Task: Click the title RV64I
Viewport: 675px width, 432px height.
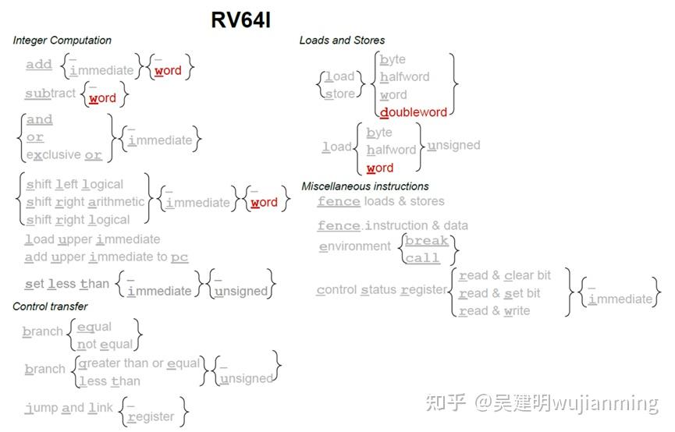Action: pyautogui.click(x=240, y=19)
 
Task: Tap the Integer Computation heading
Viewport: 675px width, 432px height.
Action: pyautogui.click(x=62, y=41)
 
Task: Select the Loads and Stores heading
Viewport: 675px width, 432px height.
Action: pyautogui.click(x=342, y=41)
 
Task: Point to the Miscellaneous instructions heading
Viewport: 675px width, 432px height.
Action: pyautogui.click(x=365, y=186)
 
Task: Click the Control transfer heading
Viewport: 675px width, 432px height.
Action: pyautogui.click(x=50, y=306)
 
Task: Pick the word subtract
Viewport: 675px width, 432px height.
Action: pyautogui.click(x=50, y=94)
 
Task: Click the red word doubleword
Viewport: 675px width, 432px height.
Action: pyautogui.click(x=414, y=112)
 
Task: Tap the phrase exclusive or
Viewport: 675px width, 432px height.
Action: pyautogui.click(x=64, y=155)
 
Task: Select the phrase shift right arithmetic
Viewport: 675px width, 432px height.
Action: pyautogui.click(x=85, y=202)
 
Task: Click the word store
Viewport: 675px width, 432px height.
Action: pyautogui.click(x=339, y=94)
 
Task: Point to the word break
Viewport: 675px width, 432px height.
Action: pyautogui.click(x=427, y=241)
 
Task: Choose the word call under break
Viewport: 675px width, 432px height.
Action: pyautogui.click(x=422, y=258)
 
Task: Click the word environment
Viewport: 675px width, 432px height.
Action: pyautogui.click(x=354, y=246)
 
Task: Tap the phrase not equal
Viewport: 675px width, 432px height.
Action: pyautogui.click(x=105, y=344)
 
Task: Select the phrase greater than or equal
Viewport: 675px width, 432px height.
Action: pyautogui.click(x=139, y=363)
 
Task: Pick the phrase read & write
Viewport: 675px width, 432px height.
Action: pyautogui.click(x=494, y=310)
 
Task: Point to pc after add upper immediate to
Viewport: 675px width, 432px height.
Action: pyautogui.click(x=179, y=257)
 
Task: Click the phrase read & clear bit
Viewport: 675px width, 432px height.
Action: pyautogui.click(x=504, y=275)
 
